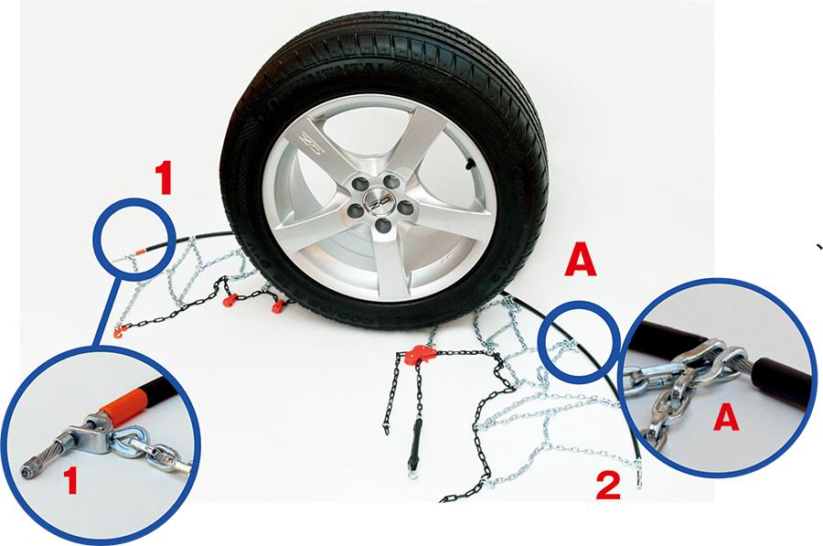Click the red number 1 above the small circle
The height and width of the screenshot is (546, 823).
pyautogui.click(x=164, y=178)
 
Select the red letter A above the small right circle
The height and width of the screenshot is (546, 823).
pyautogui.click(x=581, y=262)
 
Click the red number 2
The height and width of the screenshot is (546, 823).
pyautogui.click(x=608, y=486)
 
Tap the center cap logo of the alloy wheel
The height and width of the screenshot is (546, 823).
pyautogui.click(x=376, y=205)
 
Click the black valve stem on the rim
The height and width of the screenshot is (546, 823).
pyautogui.click(x=467, y=166)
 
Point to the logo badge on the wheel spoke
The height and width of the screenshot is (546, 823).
pyautogui.click(x=312, y=143)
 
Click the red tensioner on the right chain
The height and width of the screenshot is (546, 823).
pyautogui.click(x=420, y=355)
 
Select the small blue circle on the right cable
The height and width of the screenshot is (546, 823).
pyautogui.click(x=578, y=341)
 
